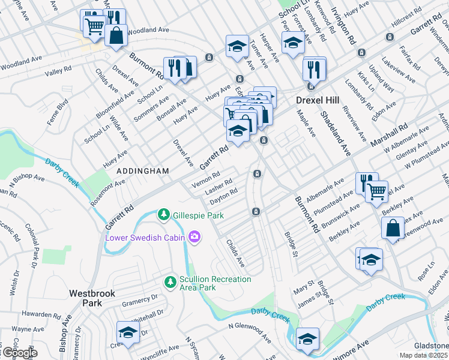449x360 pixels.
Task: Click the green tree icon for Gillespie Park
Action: [x=163, y=214]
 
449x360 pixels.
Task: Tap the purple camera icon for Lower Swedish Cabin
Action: [x=194, y=237]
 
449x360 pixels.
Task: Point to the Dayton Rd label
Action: [x=224, y=196]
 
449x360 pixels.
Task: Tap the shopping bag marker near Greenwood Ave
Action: [x=392, y=229]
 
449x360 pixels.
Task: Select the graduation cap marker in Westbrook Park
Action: [x=128, y=332]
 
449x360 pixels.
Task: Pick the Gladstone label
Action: [x=431, y=346]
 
